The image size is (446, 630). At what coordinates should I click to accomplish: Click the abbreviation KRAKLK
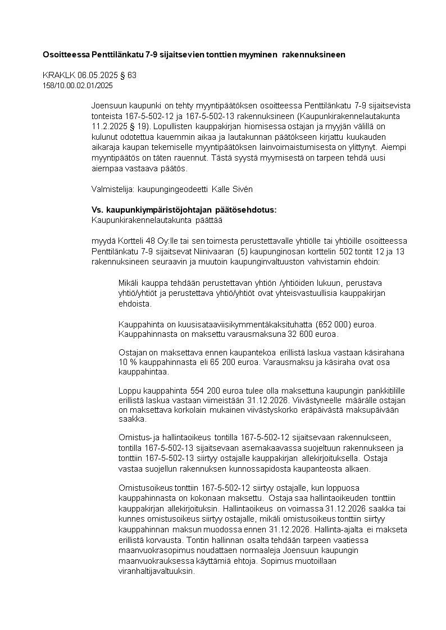[x=56, y=75]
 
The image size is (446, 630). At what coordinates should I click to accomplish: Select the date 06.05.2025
[x=91, y=75]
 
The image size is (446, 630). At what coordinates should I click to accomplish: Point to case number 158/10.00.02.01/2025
[x=78, y=85]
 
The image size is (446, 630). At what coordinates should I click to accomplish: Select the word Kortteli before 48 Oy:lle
[x=125, y=241]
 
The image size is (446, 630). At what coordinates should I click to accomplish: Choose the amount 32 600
[x=286, y=335]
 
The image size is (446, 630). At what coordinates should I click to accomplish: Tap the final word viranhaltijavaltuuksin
[x=156, y=571]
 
